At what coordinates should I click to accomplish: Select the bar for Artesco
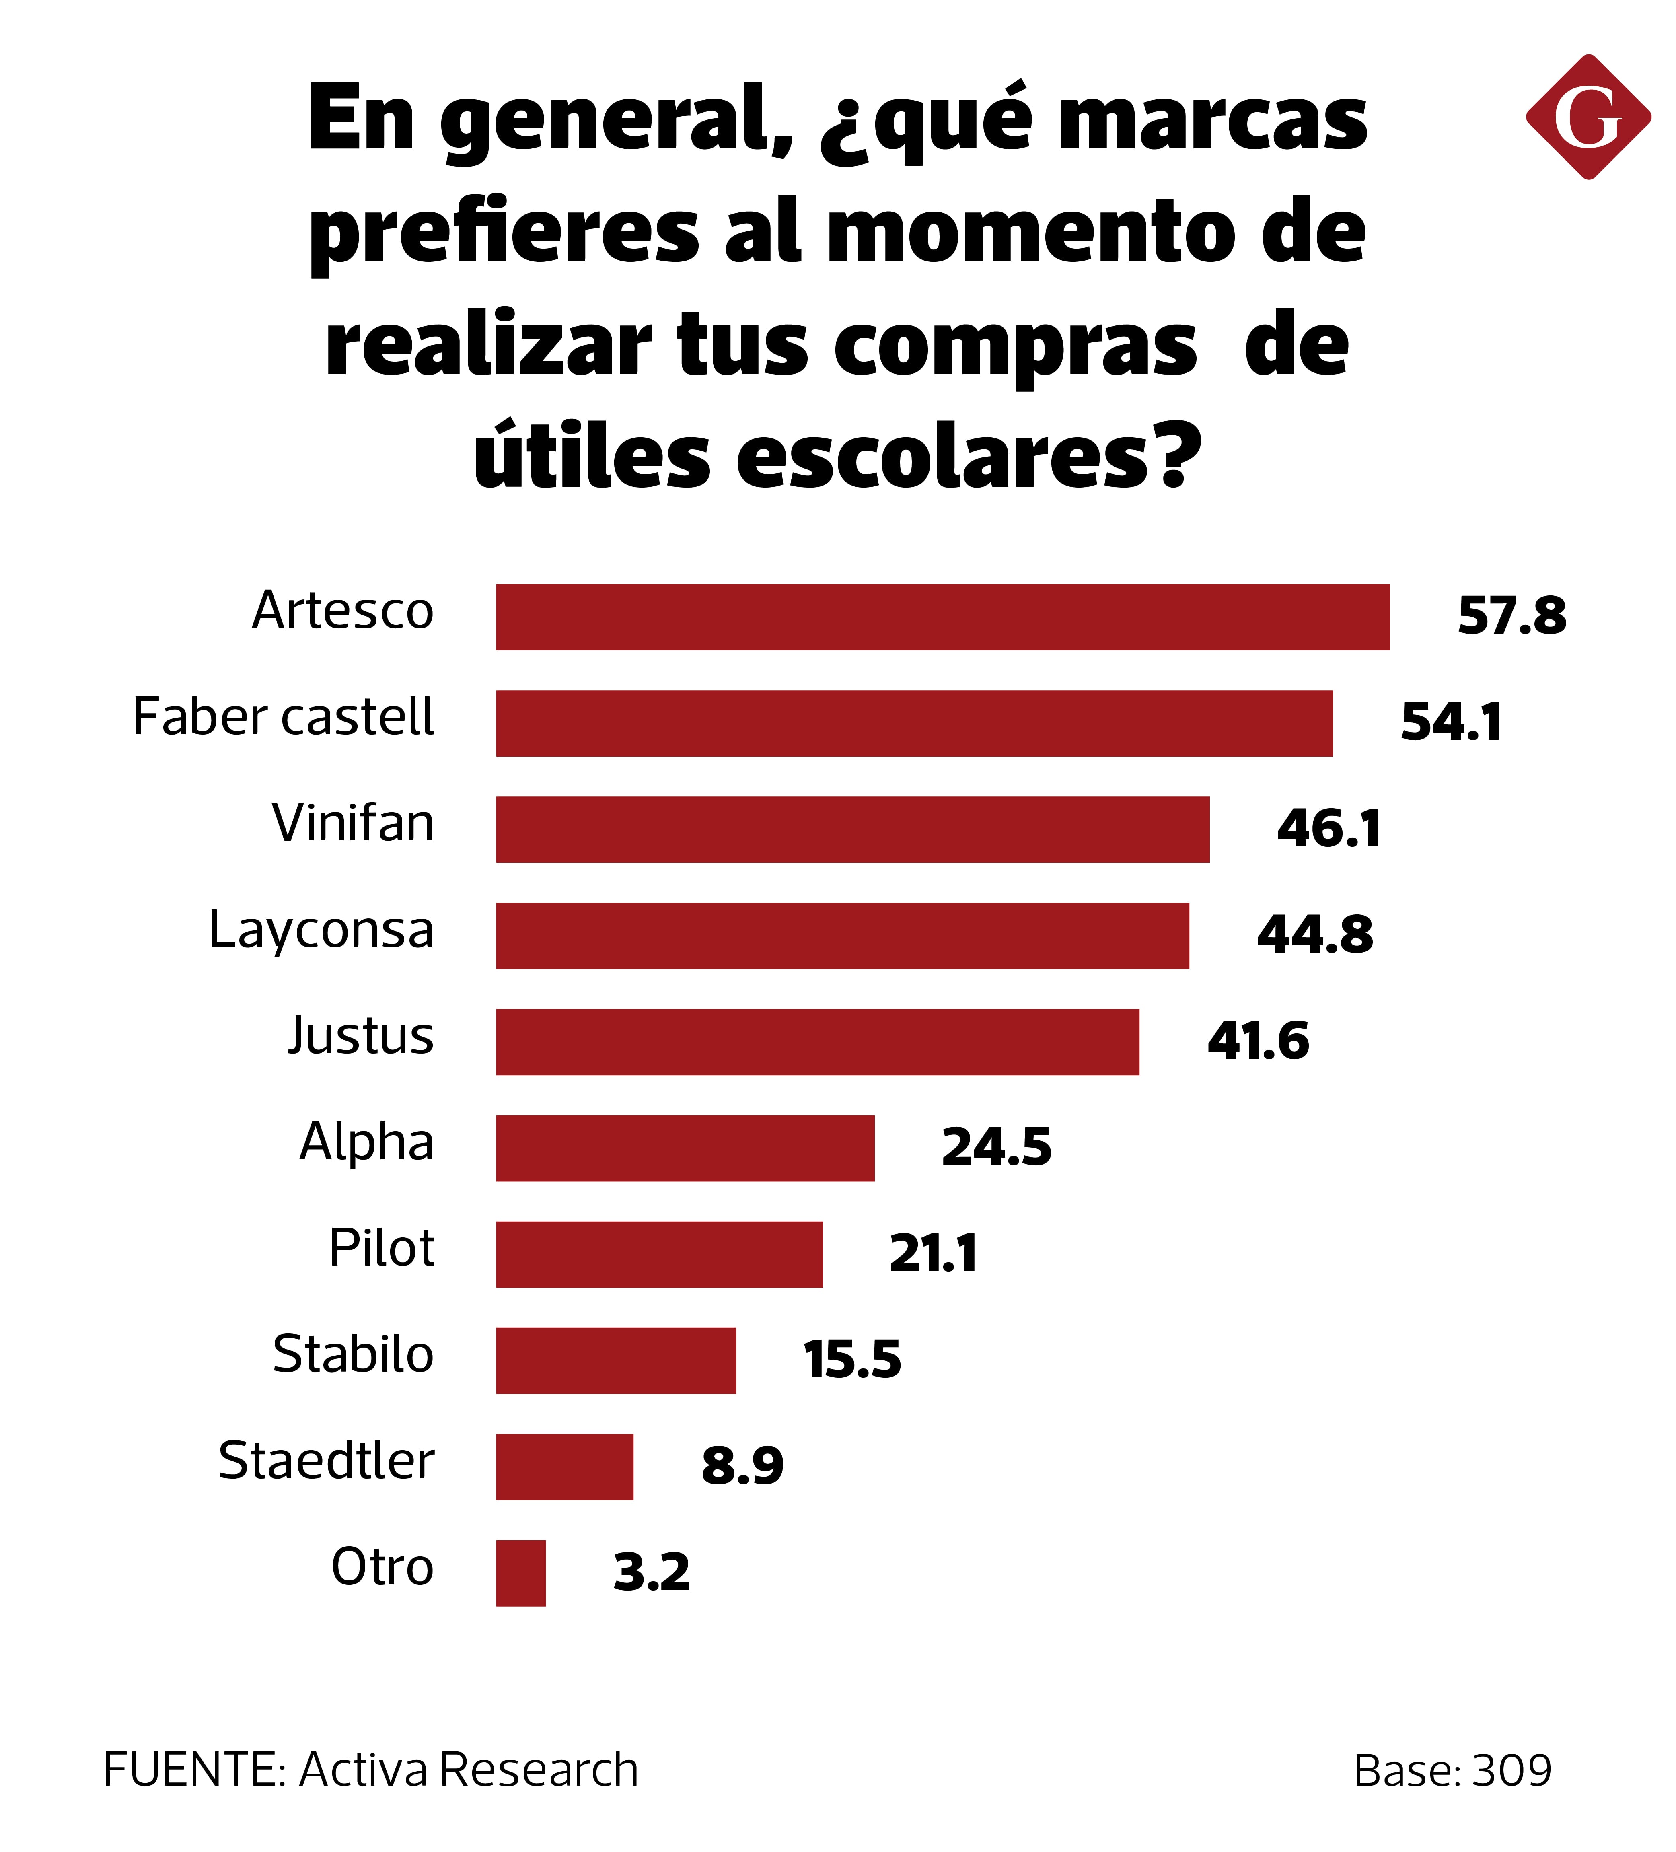click(942, 617)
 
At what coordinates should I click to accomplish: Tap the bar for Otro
click(521, 1574)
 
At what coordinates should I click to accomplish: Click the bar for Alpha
click(685, 1148)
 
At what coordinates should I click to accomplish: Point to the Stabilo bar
click(615, 1360)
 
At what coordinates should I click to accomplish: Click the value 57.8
click(1511, 615)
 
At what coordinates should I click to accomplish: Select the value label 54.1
click(1451, 722)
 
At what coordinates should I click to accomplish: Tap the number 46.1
click(1329, 829)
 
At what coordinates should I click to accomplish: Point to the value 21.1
click(933, 1254)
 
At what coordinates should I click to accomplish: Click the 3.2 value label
click(651, 1573)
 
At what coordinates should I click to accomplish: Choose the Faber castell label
click(283, 718)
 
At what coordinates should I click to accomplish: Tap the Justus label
click(360, 1036)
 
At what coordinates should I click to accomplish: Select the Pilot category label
click(381, 1249)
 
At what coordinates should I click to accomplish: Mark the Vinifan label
click(353, 823)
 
